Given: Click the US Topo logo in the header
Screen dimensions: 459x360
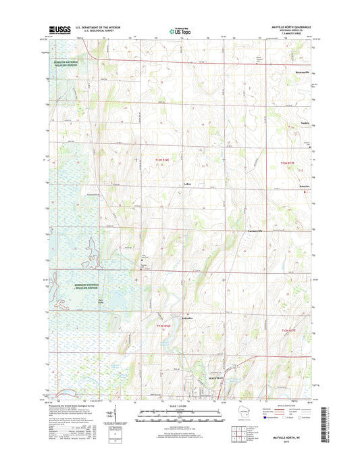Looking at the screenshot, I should coord(180,30).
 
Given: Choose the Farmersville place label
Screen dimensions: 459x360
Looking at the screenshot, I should coord(252,232).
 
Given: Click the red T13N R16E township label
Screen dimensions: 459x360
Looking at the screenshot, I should coord(163,160).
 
